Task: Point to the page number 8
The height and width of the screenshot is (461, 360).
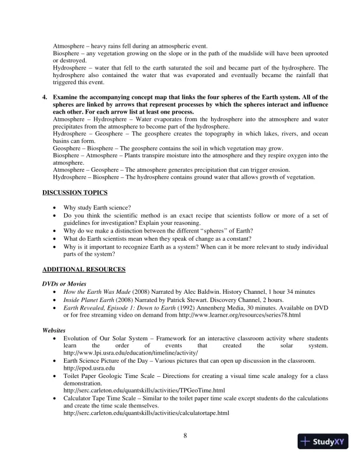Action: click(185, 435)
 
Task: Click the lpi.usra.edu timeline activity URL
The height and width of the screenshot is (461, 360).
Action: click(131, 352)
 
